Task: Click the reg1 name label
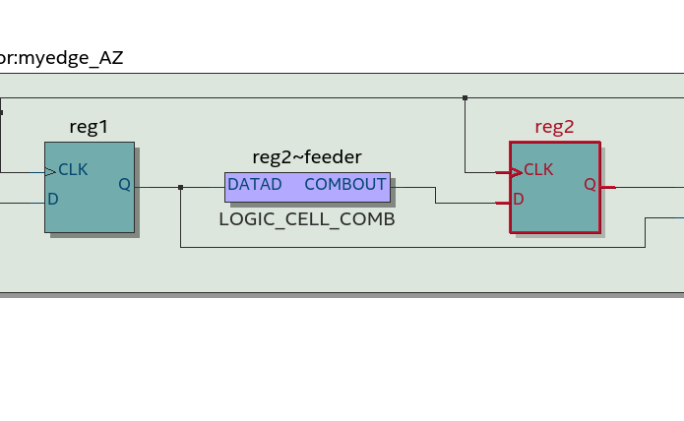(x=89, y=127)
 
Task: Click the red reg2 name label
(x=554, y=127)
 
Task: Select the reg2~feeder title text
(x=307, y=156)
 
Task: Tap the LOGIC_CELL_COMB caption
(x=307, y=219)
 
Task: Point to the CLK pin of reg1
(x=73, y=170)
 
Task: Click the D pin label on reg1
(x=53, y=199)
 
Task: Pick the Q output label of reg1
(x=124, y=184)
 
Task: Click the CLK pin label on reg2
(x=538, y=170)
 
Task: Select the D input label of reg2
(x=518, y=199)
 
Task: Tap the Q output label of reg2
(x=590, y=184)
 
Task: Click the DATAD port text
(x=255, y=185)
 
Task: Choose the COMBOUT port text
(x=345, y=185)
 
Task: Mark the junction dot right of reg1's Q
(x=181, y=187)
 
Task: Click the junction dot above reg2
(x=465, y=97)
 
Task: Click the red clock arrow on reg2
(x=515, y=172)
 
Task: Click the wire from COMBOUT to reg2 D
(x=436, y=196)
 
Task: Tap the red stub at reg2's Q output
(x=608, y=186)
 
